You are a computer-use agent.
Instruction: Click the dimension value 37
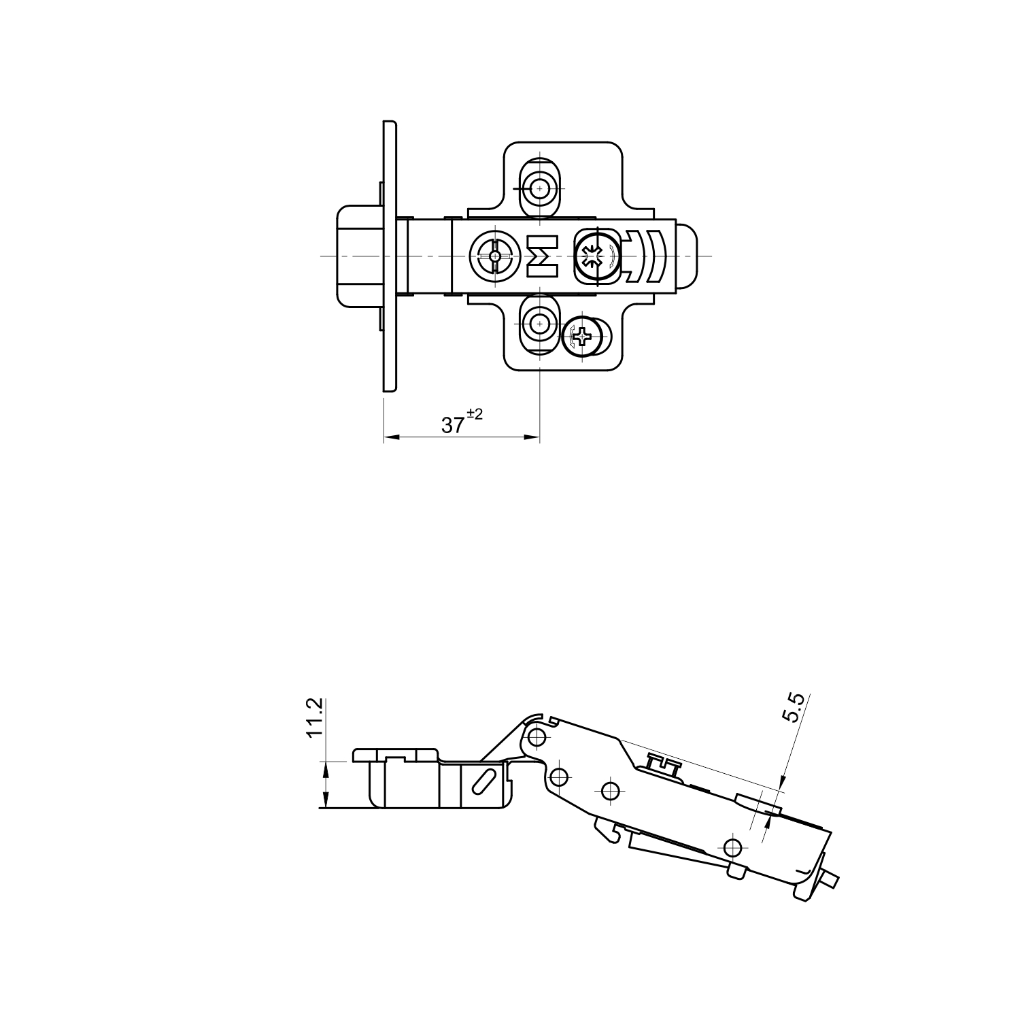point(453,425)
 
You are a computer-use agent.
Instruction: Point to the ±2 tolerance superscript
point(475,414)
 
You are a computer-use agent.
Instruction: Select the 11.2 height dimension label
point(313,717)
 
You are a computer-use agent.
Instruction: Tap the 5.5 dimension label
point(794,707)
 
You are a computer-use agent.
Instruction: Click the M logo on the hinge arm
point(543,256)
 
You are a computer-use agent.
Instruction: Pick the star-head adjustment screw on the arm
point(595,257)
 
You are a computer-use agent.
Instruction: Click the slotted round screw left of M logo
point(494,256)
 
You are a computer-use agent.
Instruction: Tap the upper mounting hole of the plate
point(539,187)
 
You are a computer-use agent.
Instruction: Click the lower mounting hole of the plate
point(539,324)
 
